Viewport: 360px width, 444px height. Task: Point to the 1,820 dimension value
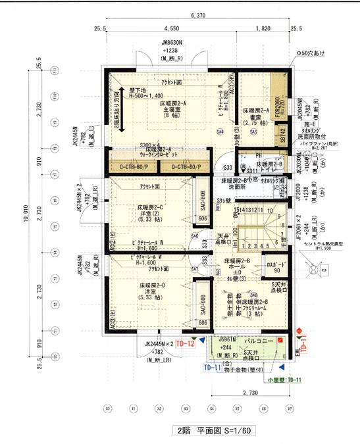click(261, 29)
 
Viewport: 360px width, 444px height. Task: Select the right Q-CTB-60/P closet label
click(186, 166)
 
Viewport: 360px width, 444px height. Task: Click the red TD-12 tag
click(185, 344)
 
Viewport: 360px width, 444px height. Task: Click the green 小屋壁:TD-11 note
click(283, 380)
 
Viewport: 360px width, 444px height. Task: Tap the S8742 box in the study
click(278, 133)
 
